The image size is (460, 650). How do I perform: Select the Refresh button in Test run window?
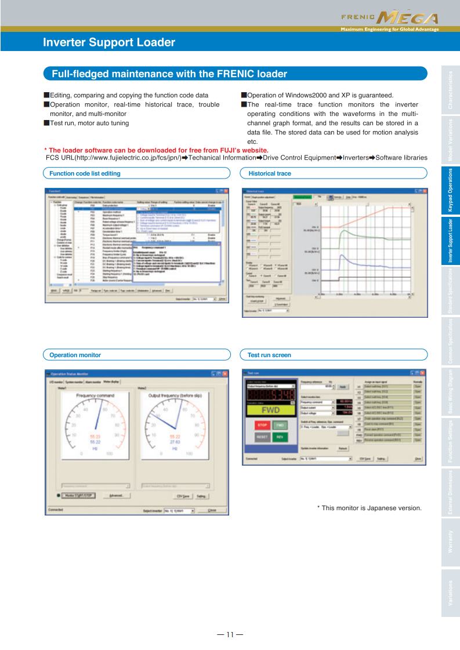343,448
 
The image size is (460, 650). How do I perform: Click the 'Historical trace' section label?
269,173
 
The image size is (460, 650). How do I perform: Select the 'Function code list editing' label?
85,173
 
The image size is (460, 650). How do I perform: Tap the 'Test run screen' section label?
269,354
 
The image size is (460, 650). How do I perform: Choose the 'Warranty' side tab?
450,544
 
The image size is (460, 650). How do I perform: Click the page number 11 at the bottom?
230,634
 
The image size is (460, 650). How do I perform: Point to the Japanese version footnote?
369,508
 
